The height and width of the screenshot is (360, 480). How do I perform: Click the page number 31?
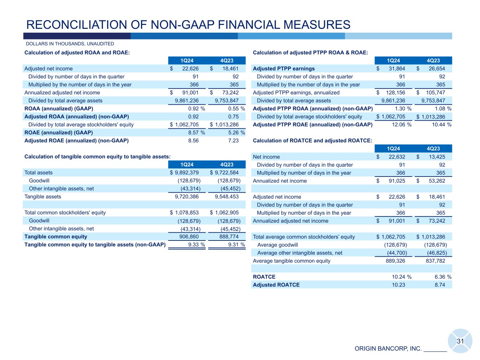[460, 341]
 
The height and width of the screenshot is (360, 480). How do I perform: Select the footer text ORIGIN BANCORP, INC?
[388, 349]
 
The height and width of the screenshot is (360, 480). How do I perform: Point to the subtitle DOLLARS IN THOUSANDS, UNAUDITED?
[70, 44]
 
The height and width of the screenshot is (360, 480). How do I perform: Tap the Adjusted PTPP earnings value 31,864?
[396, 69]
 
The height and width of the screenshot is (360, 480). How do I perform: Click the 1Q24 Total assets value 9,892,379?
[186, 173]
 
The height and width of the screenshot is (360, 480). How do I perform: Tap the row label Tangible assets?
[43, 197]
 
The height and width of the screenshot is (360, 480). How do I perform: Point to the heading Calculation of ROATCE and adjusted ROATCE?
[312, 141]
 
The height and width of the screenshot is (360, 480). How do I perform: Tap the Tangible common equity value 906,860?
[189, 237]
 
